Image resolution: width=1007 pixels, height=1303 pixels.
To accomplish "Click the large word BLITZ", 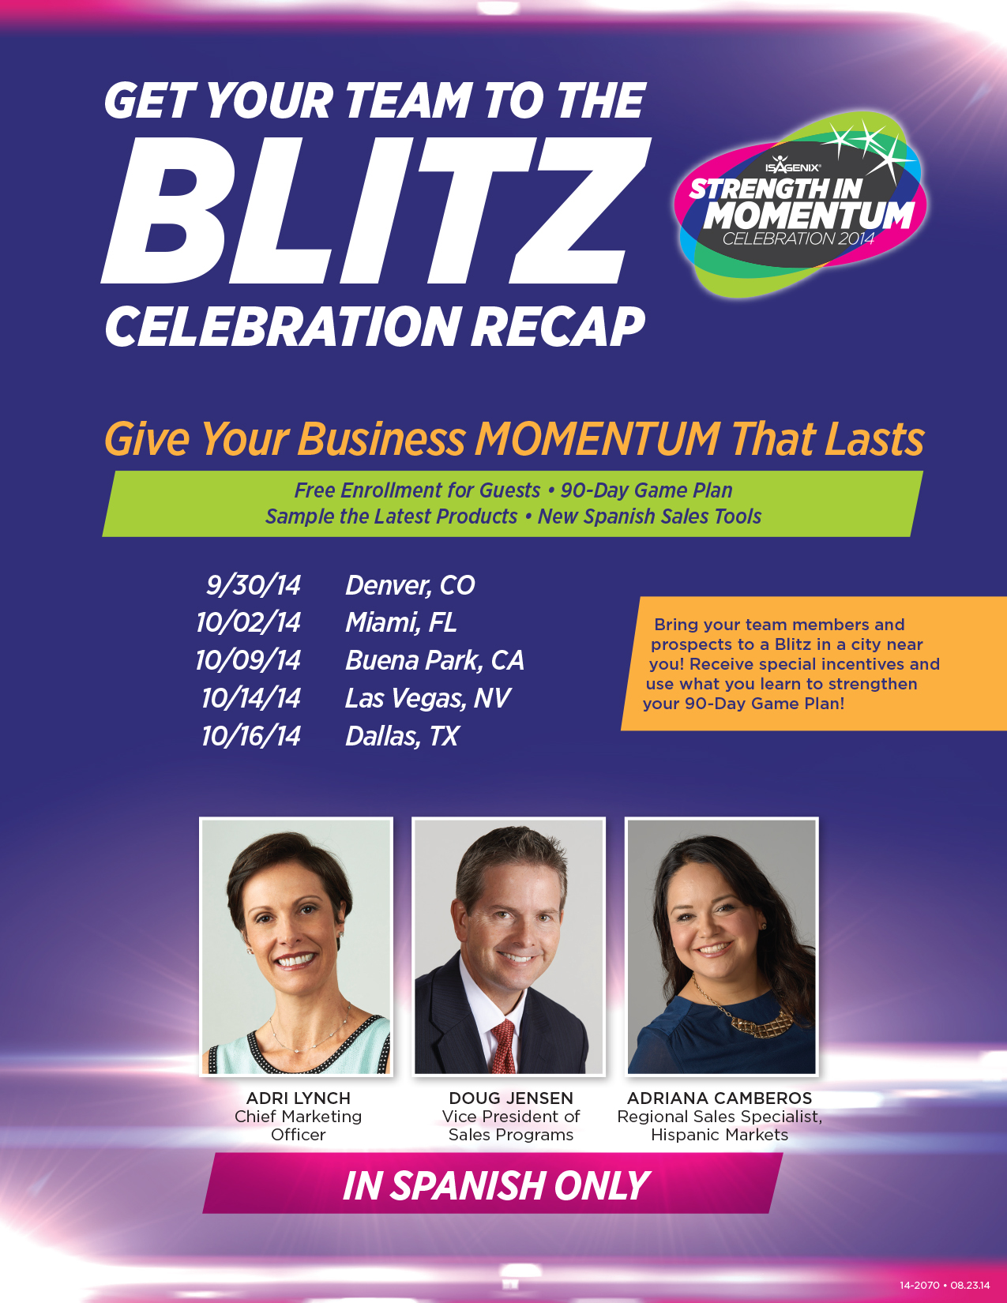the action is pos(377,210).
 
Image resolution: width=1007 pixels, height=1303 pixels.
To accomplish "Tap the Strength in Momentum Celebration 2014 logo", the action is pos(801,204).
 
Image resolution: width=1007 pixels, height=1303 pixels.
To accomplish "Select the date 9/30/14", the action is pos(254,584).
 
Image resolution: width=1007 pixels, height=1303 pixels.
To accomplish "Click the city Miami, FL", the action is pos(400,622).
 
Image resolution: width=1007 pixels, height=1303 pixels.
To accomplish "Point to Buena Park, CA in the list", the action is pos(434,660).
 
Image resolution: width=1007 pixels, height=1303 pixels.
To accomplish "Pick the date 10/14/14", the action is pos(251,698).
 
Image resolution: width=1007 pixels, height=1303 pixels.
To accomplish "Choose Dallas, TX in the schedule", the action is pos(402,736).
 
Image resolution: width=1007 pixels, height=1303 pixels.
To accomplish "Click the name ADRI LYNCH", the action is pos(298,1098).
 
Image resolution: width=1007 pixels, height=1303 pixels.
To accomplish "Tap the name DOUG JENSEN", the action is pos(511,1098).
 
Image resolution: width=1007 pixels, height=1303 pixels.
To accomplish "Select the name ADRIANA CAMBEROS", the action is pos(719,1098).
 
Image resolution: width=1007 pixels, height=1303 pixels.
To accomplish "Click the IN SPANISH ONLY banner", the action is pos(493,1185).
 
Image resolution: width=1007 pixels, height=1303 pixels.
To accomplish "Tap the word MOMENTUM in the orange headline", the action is pos(597,439).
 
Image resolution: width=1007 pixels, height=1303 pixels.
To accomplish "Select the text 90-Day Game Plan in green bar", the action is pos(647,490).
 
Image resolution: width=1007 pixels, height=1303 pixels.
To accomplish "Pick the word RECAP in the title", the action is pos(558,327).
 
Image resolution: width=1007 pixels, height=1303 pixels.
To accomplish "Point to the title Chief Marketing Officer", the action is pos(298,1125).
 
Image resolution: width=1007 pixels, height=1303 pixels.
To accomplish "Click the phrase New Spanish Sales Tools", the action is pos(649,516).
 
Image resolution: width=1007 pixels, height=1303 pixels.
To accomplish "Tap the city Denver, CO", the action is pos(410,584).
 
